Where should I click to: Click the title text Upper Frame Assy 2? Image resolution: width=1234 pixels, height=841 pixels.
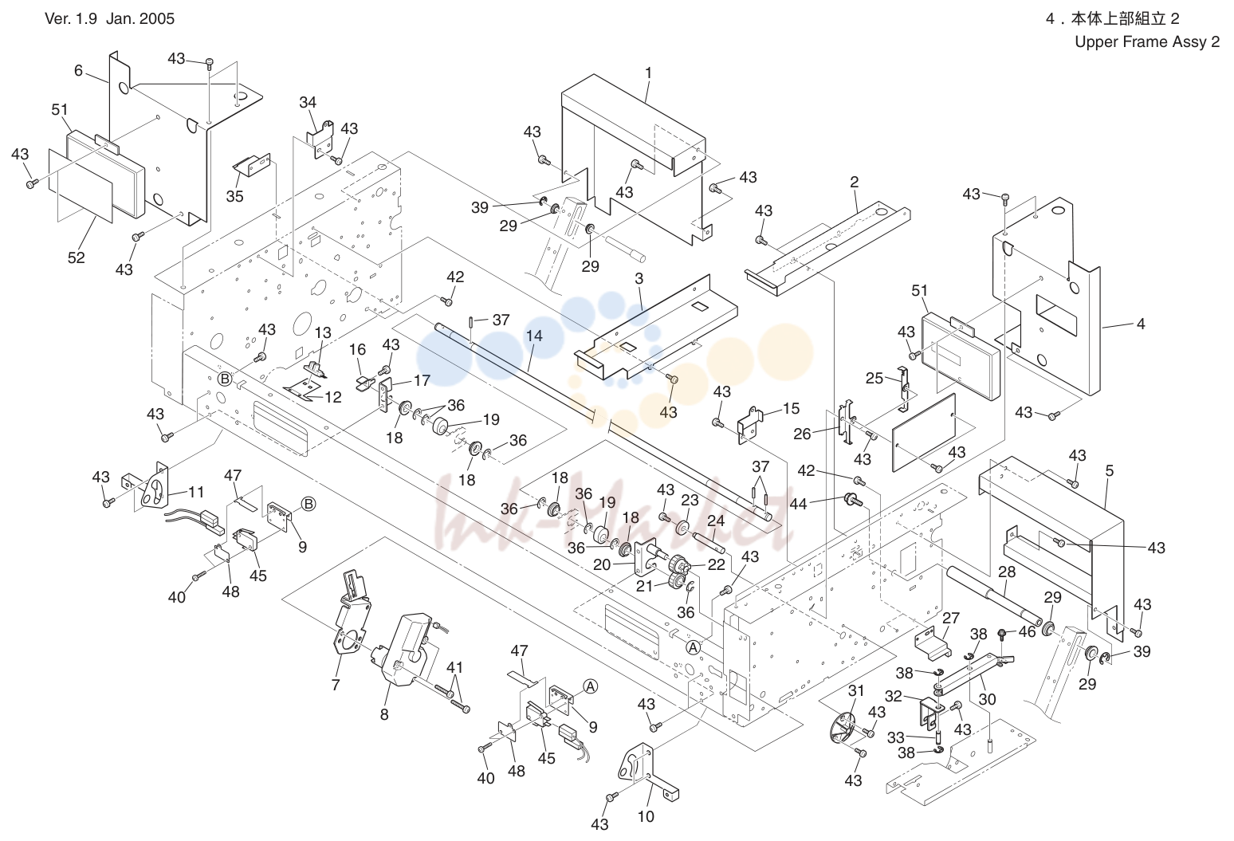[1147, 42]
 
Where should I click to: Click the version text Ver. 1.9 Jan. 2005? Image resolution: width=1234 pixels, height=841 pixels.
[110, 18]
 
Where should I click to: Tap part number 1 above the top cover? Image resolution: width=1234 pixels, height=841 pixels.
[648, 73]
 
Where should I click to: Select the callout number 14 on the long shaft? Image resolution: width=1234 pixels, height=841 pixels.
[534, 336]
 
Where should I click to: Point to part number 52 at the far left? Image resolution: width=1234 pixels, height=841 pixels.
[76, 257]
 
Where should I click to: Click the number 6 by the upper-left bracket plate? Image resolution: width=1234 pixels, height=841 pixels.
[78, 70]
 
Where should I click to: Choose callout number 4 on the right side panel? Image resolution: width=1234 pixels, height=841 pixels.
[1141, 324]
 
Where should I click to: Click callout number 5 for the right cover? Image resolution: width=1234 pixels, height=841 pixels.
[1110, 471]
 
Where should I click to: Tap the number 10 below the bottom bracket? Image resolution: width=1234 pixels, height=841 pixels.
[646, 816]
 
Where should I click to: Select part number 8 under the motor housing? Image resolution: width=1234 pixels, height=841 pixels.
[384, 715]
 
